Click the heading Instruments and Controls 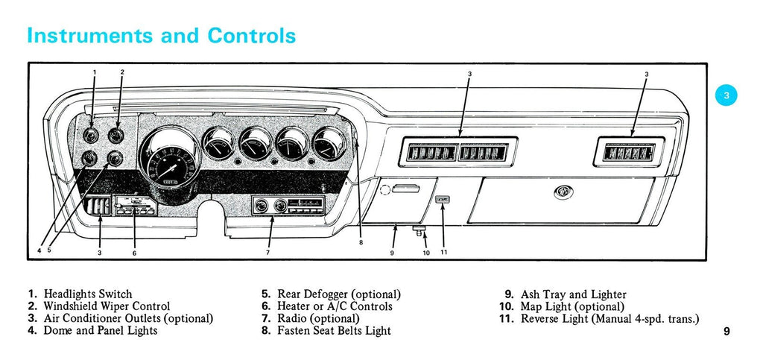tap(161, 35)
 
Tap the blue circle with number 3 tap(726, 95)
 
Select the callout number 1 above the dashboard tap(95, 72)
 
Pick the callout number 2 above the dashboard tap(122, 72)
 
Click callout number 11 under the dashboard tap(443, 253)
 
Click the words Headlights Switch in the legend tap(88, 294)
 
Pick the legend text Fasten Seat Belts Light tap(334, 330)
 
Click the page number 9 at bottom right tap(726, 332)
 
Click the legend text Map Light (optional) tap(572, 306)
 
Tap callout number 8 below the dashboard tap(361, 242)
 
